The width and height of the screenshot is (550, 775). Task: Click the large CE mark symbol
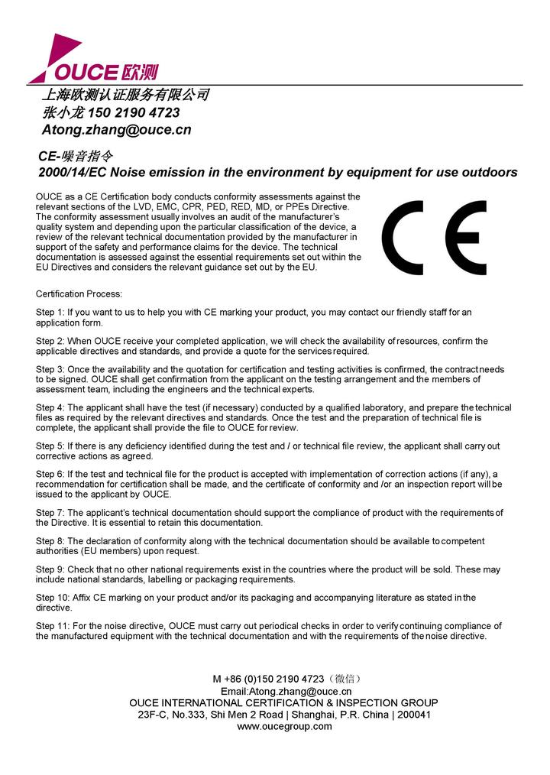[x=434, y=238]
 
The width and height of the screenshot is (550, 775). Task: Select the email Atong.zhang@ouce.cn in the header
[x=116, y=130]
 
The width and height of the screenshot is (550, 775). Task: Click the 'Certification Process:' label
[x=79, y=294]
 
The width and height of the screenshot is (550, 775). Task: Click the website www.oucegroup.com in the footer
[x=284, y=726]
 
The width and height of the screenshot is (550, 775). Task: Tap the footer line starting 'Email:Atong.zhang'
[x=285, y=691]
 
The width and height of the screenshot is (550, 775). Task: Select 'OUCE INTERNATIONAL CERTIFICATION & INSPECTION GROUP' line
[x=283, y=702]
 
